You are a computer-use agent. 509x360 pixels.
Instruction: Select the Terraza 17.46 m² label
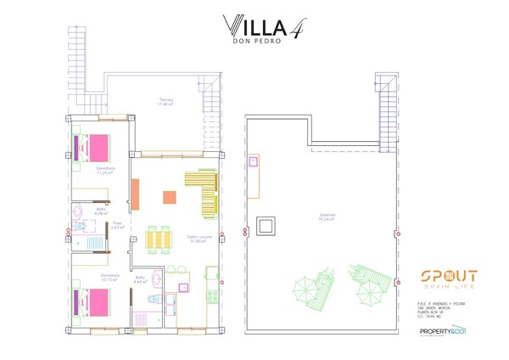tap(166, 102)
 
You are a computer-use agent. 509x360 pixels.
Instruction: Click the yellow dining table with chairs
tap(159, 239)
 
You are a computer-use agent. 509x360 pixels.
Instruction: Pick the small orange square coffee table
tap(170, 197)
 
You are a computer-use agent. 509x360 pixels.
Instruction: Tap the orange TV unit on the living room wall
tap(135, 194)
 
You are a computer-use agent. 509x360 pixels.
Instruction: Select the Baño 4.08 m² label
tap(101, 211)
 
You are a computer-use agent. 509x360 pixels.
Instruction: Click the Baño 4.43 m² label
tap(141, 279)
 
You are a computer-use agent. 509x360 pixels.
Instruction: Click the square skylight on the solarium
tap(267, 226)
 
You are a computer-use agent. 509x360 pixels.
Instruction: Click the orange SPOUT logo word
tap(449, 276)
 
